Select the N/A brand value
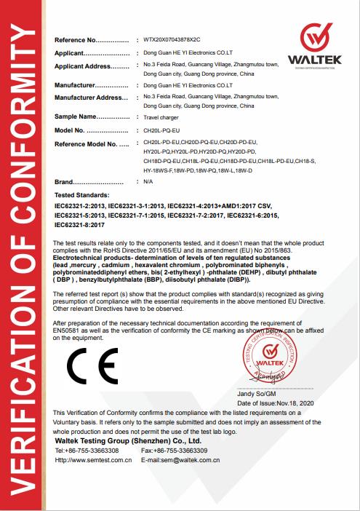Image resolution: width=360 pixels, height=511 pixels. point(148,181)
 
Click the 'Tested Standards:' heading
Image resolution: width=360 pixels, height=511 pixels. point(82,197)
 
